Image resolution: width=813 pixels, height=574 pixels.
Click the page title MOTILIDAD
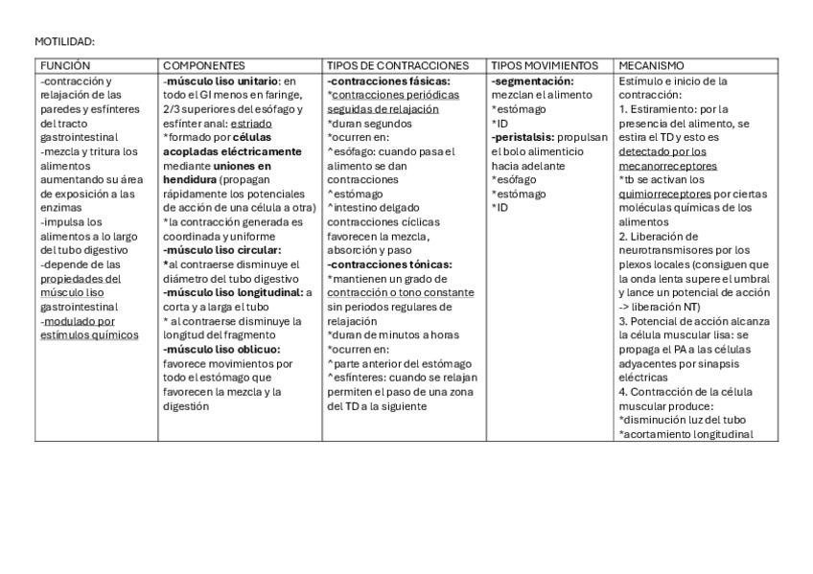64,42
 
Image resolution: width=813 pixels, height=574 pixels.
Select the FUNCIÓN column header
65,66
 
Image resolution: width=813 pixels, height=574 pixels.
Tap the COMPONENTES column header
203,66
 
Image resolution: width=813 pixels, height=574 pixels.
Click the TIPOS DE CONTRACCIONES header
398,66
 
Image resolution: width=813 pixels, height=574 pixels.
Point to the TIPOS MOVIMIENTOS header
545,66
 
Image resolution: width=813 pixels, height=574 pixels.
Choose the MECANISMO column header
652,66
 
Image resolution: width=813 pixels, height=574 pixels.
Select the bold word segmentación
533,81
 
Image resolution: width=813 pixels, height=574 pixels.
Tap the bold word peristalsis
523,137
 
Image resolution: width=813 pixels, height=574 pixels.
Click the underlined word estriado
251,124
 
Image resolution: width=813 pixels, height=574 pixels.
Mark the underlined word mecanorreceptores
667,166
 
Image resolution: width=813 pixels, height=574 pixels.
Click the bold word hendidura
189,179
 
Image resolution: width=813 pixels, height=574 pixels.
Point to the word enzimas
59,208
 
